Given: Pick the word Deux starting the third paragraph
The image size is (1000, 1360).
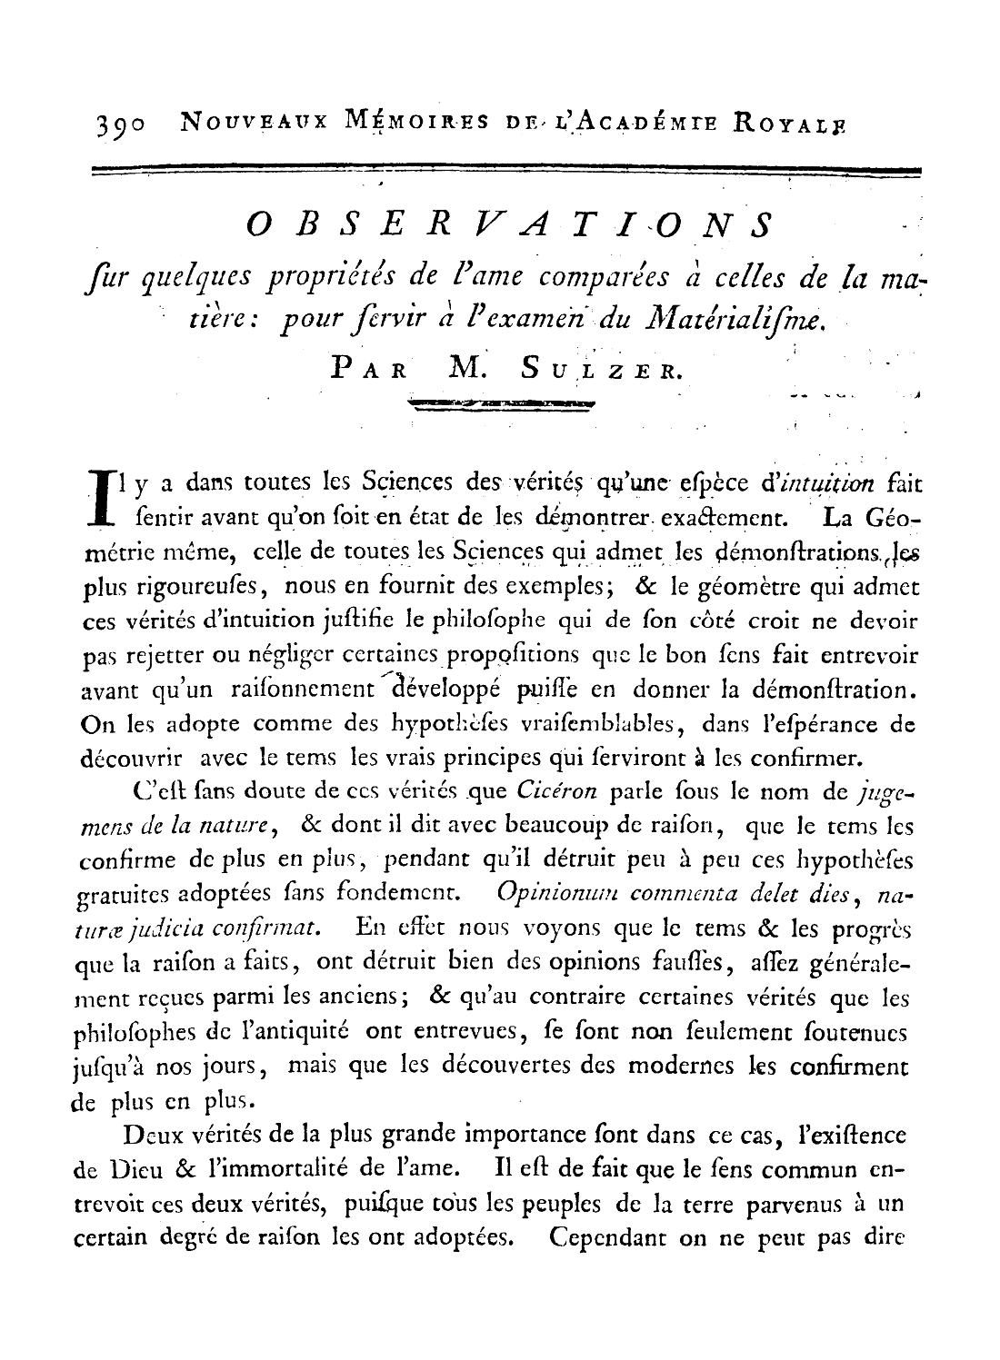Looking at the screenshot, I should (x=149, y=1136).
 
